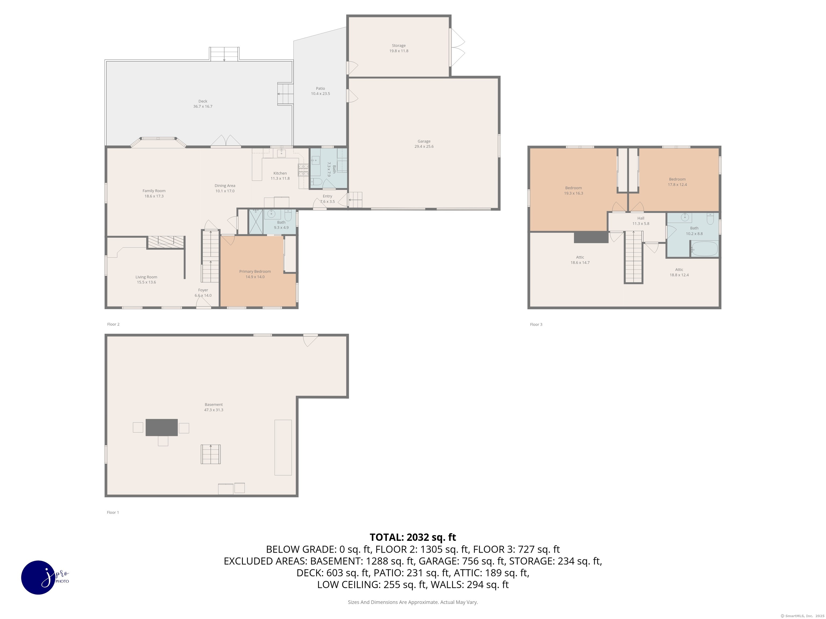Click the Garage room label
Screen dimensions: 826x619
pos(424,141)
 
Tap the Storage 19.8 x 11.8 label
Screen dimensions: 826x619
pos(399,48)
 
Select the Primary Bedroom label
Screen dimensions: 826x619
pos(255,272)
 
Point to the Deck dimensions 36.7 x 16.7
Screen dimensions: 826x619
pos(203,107)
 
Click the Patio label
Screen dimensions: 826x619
pos(321,88)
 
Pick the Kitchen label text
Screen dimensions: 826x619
pos(280,173)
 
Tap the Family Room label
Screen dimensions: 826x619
pos(154,191)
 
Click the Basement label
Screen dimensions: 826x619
pos(213,404)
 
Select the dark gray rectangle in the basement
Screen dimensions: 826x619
pos(162,427)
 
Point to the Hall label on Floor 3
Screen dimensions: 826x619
pos(641,218)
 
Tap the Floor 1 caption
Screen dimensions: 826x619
pos(113,512)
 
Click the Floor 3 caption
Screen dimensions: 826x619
pos(536,324)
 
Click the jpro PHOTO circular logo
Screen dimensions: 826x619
pos(39,577)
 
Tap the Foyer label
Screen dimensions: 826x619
pos(203,290)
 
